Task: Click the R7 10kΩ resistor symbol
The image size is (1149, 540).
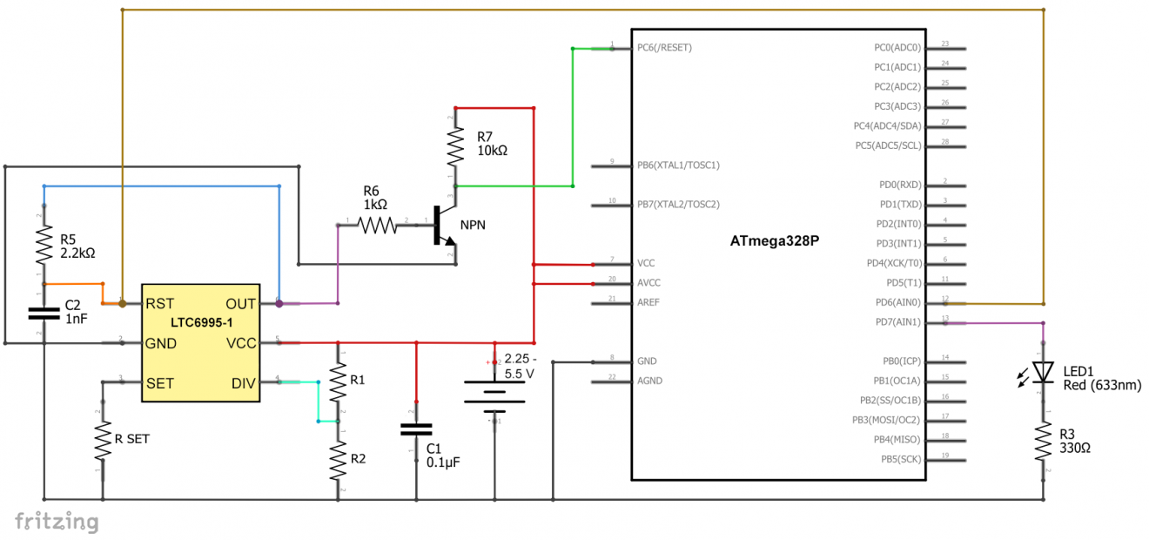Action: (454, 146)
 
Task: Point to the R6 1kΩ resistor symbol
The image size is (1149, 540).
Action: (377, 226)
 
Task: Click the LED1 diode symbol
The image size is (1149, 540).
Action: (1042, 372)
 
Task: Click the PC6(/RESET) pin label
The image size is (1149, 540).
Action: (664, 48)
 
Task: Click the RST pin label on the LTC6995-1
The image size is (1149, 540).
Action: (160, 304)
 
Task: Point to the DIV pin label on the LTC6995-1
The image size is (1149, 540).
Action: (244, 383)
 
